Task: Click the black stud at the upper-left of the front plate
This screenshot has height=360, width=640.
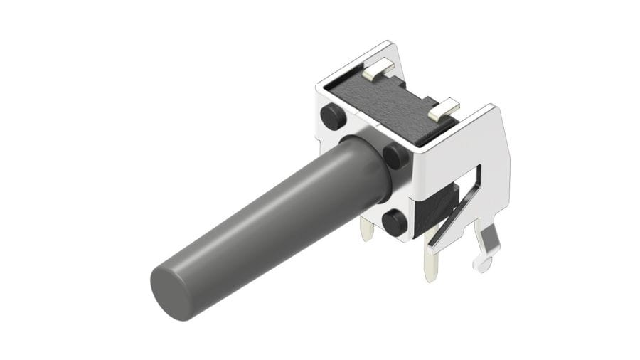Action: point(329,114)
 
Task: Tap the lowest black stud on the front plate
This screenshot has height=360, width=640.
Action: point(393,223)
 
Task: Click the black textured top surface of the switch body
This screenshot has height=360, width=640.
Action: point(395,103)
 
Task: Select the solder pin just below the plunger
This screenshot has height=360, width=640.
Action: point(368,229)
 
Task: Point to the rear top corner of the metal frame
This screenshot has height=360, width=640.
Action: point(388,44)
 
